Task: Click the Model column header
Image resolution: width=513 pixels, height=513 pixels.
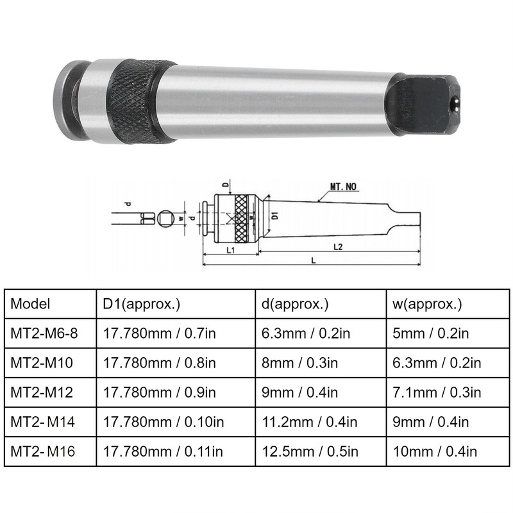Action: click(30, 303)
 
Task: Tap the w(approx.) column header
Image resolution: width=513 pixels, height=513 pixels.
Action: click(427, 303)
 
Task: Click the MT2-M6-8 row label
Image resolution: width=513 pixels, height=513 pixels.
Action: click(42, 333)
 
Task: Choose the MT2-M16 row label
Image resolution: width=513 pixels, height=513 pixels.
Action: click(42, 451)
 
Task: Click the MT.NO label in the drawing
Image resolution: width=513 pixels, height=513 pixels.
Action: click(344, 187)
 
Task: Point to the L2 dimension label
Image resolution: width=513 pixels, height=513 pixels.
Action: click(339, 246)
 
